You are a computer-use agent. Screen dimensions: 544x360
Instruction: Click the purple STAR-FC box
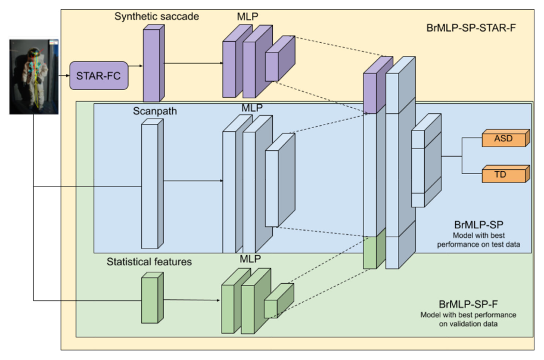99,76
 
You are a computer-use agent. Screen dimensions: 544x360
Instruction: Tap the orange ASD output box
506,138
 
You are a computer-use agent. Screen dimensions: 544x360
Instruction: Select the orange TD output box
506,174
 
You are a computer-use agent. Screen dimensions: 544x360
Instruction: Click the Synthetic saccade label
157,16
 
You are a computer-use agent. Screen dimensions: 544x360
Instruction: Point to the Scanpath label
155,111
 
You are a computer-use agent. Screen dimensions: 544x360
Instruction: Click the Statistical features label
149,262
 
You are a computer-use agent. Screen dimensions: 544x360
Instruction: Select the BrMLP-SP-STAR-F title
471,28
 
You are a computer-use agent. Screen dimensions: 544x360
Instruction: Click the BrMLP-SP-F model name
468,304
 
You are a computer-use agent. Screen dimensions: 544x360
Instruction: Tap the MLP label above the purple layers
247,16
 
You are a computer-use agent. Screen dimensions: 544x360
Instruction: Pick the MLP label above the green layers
250,259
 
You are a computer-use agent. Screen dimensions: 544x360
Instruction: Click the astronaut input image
33,77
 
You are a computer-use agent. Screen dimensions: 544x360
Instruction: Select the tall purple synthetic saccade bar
154,63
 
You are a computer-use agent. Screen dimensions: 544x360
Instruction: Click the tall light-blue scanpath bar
153,184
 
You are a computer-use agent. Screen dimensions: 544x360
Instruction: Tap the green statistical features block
153,297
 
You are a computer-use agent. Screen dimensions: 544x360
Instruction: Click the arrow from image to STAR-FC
64,75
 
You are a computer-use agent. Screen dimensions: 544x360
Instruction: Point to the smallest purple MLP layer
280,58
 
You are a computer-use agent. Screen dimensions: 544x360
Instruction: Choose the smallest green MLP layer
279,300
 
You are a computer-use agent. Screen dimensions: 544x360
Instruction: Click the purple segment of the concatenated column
378,85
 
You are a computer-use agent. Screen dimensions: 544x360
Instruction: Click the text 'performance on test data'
478,244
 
